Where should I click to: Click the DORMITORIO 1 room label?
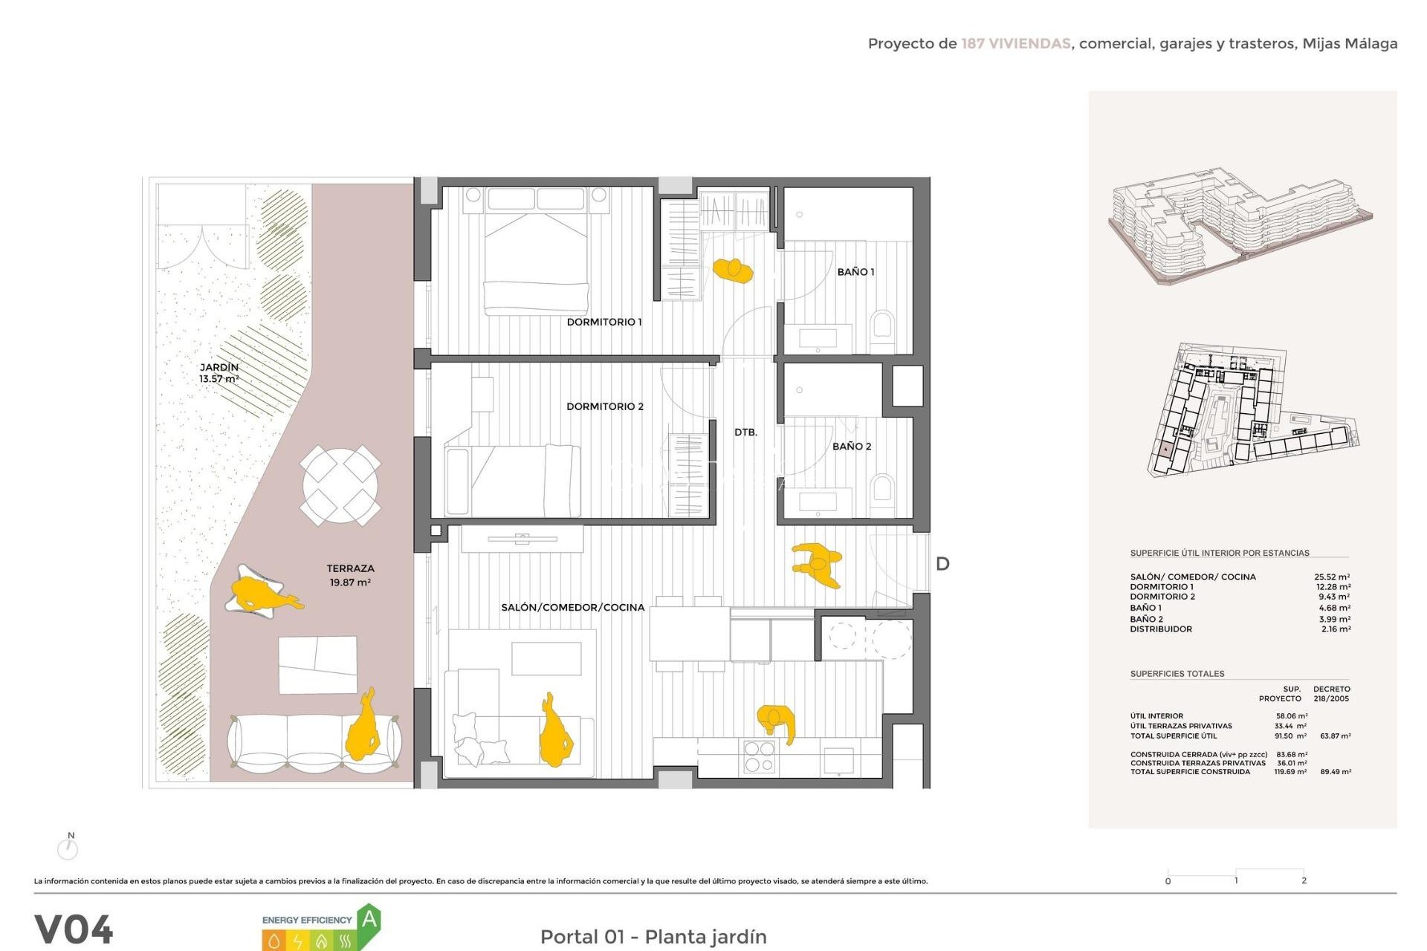coord(604,322)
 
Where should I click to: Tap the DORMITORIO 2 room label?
coord(604,406)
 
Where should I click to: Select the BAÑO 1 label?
coord(855,272)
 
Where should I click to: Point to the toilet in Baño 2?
coord(882,489)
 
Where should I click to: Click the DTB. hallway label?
coord(745,432)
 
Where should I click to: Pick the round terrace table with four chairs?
coord(340,485)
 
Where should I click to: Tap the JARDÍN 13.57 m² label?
coord(219,373)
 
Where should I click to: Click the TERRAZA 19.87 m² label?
coord(350,575)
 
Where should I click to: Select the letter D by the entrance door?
coord(942,564)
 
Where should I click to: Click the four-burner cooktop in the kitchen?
coord(759,757)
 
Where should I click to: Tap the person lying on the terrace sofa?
coord(364,728)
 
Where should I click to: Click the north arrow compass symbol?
coord(68,847)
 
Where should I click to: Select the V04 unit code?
coord(74,929)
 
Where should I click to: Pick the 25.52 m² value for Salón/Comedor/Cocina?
coord(1332,577)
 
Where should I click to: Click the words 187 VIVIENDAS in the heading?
coord(1015,44)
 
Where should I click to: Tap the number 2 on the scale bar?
coord(1304,880)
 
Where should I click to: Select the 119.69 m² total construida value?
coord(1290,772)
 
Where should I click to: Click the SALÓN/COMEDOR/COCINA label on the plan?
coord(572,607)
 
